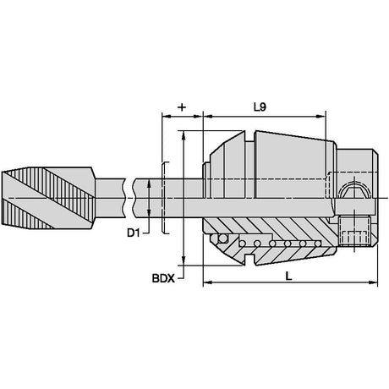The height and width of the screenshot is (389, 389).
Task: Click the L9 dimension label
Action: [x=260, y=107]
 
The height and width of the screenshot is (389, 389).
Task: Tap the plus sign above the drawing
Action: [x=183, y=107]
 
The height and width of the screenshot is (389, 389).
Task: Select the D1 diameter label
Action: [x=134, y=233]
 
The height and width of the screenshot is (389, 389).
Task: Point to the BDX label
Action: [x=163, y=278]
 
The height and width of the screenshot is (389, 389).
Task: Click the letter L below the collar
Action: [x=288, y=277]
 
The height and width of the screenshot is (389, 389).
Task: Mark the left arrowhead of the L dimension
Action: [x=207, y=282]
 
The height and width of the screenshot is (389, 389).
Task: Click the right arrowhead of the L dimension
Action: [x=373, y=282]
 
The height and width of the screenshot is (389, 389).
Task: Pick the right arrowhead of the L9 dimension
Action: [x=321, y=116]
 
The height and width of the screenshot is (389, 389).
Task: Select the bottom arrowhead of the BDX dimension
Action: [x=184, y=260]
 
